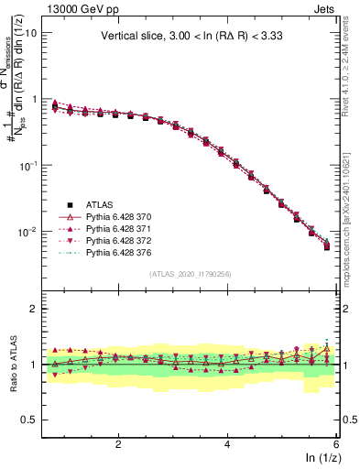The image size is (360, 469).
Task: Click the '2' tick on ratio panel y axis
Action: click(x=33, y=309)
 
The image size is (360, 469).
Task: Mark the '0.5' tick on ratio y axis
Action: click(x=28, y=420)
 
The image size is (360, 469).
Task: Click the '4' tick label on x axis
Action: click(x=227, y=443)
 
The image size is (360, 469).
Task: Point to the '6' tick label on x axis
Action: click(x=336, y=443)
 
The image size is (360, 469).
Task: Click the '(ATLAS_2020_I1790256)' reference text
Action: click(x=190, y=273)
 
